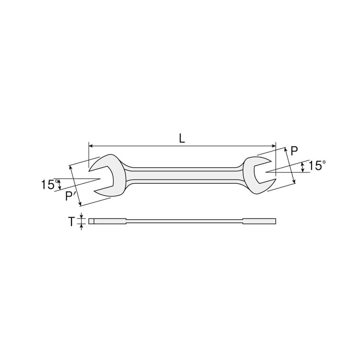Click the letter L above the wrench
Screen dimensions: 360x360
coord(182,138)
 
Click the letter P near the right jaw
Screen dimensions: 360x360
coord(294,151)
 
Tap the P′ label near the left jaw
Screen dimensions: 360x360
coord(69,196)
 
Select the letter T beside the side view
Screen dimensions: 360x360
coord(72,222)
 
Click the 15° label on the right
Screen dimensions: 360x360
coord(317,165)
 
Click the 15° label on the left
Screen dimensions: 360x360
coord(50,184)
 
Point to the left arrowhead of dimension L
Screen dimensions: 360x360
coord(90,146)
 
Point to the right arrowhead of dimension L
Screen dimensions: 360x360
coord(274,146)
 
